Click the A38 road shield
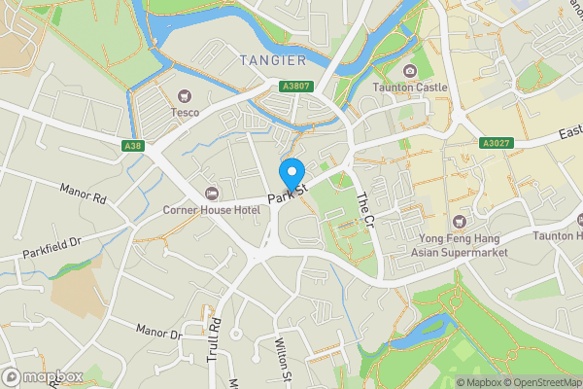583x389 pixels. tap(135, 146)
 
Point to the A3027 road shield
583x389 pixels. tap(495, 143)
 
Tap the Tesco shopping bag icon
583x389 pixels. tap(184, 95)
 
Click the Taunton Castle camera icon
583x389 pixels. tap(410, 71)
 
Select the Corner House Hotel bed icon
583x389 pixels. tap(212, 194)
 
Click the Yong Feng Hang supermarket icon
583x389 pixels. tap(459, 222)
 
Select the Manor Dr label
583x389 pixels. tap(159, 334)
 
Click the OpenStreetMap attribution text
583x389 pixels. tap(542, 382)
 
